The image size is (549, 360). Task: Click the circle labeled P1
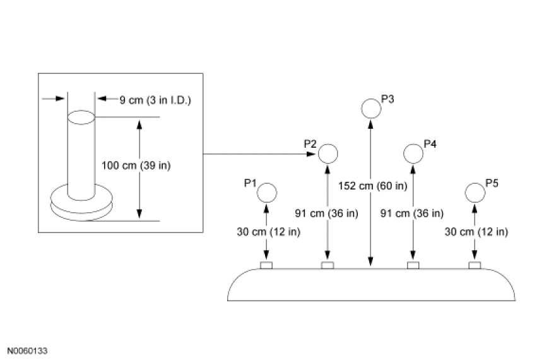268,192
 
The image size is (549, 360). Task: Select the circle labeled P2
328,153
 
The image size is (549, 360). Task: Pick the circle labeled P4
413,153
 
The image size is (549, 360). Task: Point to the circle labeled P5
475,192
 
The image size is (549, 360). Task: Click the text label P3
388,99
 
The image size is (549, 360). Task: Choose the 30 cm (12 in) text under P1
268,231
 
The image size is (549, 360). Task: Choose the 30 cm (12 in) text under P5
475,231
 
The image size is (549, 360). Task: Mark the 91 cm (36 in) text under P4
413,213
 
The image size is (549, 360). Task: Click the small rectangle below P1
267,265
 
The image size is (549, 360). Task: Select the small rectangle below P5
475,265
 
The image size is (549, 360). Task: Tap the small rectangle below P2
328,265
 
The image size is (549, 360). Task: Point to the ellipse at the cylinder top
81,117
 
